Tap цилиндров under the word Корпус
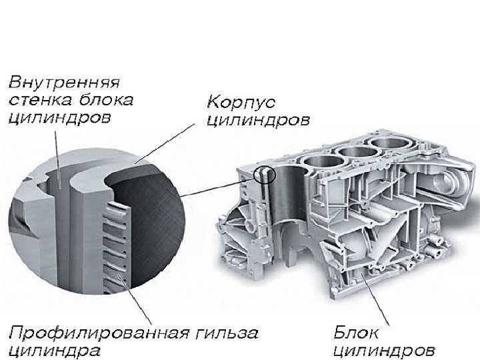tap(258, 121)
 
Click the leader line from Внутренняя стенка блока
tap(56, 153)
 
